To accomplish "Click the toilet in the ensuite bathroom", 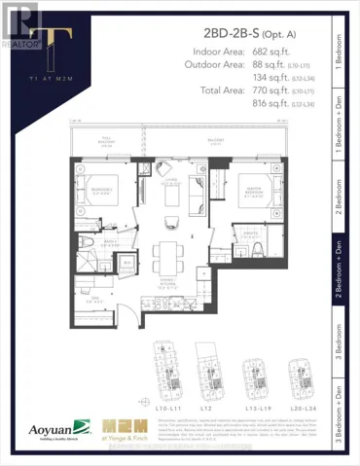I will point(255,248).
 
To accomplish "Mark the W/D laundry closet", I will point(125,265).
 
